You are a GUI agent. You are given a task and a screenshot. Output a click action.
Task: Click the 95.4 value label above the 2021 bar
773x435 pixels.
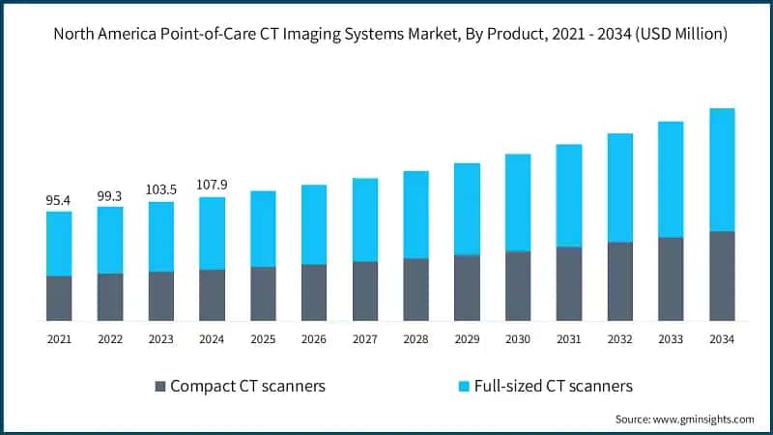(x=59, y=200)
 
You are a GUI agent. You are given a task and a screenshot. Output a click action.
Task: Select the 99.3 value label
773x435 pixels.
(x=110, y=195)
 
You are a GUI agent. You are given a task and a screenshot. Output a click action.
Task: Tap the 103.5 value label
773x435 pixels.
(x=161, y=190)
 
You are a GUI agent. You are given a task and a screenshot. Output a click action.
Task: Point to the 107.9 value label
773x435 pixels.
(x=213, y=186)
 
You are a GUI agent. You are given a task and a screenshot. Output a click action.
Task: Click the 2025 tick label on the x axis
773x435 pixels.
(x=263, y=339)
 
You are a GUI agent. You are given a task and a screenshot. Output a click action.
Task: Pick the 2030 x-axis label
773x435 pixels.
(x=518, y=339)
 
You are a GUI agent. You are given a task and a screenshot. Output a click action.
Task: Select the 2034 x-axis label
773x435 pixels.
(x=722, y=339)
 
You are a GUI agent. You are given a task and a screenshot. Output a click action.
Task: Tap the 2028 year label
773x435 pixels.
(x=415, y=339)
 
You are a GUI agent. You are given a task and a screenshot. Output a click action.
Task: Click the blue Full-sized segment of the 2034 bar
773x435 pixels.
(x=722, y=169)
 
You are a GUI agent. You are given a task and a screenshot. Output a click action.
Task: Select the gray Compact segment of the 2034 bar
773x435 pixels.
(x=722, y=275)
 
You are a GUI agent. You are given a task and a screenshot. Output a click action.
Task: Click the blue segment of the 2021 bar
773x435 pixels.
(x=59, y=244)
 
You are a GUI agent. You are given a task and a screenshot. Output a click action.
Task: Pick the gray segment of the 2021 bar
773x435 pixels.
(x=59, y=298)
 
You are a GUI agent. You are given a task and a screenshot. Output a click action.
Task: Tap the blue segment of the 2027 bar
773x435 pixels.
(x=365, y=219)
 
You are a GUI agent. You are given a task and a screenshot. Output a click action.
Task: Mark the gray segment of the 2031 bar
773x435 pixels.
(x=569, y=283)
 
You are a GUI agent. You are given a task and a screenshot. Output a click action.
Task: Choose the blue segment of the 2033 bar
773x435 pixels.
(x=671, y=179)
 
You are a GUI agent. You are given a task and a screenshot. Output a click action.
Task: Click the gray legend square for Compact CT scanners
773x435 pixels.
(x=159, y=387)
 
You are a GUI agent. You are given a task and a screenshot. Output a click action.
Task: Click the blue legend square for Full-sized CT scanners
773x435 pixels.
(x=464, y=387)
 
